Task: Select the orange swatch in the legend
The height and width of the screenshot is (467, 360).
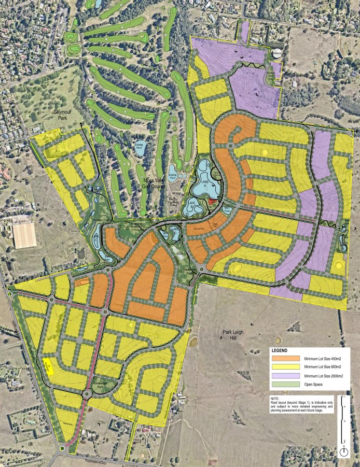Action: point(285,358)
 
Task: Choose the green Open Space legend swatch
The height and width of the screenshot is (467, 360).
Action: point(285,384)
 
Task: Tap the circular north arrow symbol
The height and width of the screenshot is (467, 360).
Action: point(343,452)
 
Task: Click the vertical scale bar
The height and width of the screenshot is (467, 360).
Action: point(343,420)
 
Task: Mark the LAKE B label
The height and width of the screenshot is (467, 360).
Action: point(192,203)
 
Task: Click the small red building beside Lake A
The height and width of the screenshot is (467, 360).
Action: point(212,201)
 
